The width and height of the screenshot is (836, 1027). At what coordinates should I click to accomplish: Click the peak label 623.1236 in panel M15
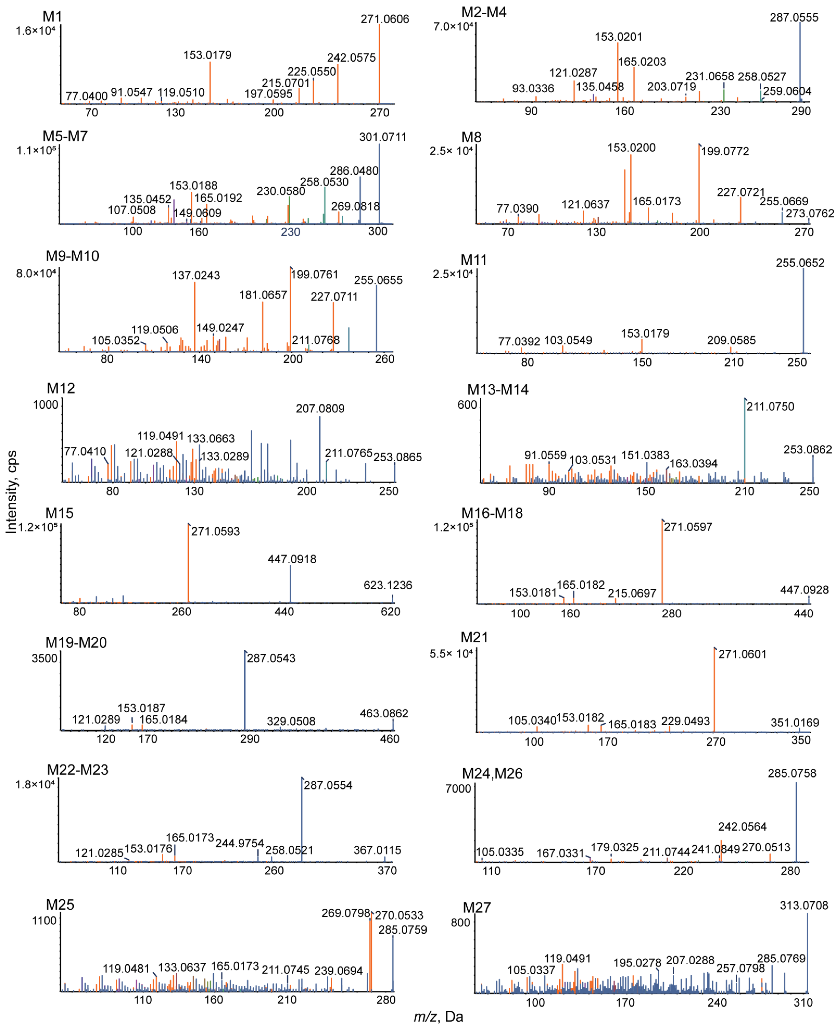[388, 585]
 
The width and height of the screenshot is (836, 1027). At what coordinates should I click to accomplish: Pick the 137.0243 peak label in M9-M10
[196, 276]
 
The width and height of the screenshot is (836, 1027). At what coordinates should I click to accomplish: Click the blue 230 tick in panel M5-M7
[290, 232]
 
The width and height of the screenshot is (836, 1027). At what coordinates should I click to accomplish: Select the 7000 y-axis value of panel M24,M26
[458, 789]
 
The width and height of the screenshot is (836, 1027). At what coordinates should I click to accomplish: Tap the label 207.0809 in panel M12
[320, 408]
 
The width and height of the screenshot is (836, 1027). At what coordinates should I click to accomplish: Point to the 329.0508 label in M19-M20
[291, 721]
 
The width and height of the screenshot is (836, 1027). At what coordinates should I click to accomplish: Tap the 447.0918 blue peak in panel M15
[290, 583]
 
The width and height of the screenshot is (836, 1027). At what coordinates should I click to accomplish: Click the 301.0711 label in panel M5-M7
[382, 137]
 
